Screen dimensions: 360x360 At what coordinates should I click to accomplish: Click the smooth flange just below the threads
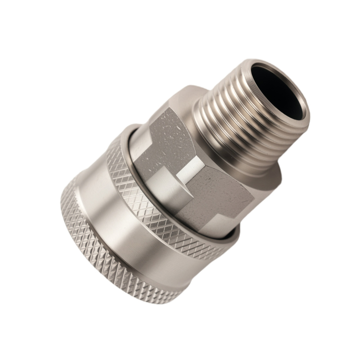[266, 176]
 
